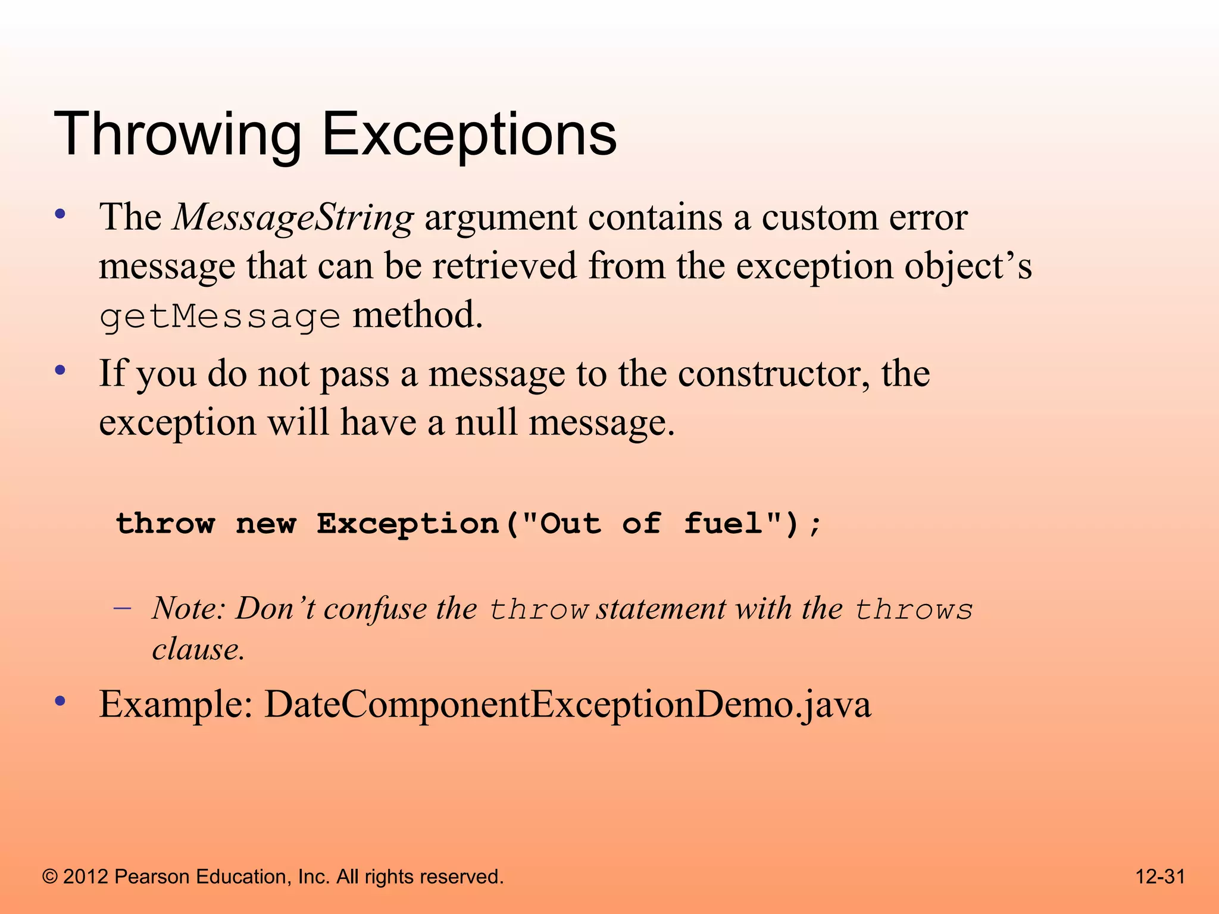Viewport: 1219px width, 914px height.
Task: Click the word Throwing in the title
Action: (177, 136)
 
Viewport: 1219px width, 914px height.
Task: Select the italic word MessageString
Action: (293, 218)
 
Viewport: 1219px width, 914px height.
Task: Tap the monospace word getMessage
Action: (219, 317)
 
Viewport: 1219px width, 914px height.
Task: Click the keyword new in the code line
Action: (265, 524)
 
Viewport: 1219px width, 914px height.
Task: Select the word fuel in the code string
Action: (723, 524)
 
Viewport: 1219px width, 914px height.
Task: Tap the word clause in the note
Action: (198, 649)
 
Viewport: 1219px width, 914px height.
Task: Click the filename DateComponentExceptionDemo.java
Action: (567, 705)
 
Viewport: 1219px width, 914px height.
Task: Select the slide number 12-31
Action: (1160, 877)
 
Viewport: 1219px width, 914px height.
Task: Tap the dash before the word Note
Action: (122, 609)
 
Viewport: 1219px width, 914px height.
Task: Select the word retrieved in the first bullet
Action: (504, 267)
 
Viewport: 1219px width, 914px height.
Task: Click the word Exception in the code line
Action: (408, 524)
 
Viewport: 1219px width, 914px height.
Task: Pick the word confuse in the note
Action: (375, 609)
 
